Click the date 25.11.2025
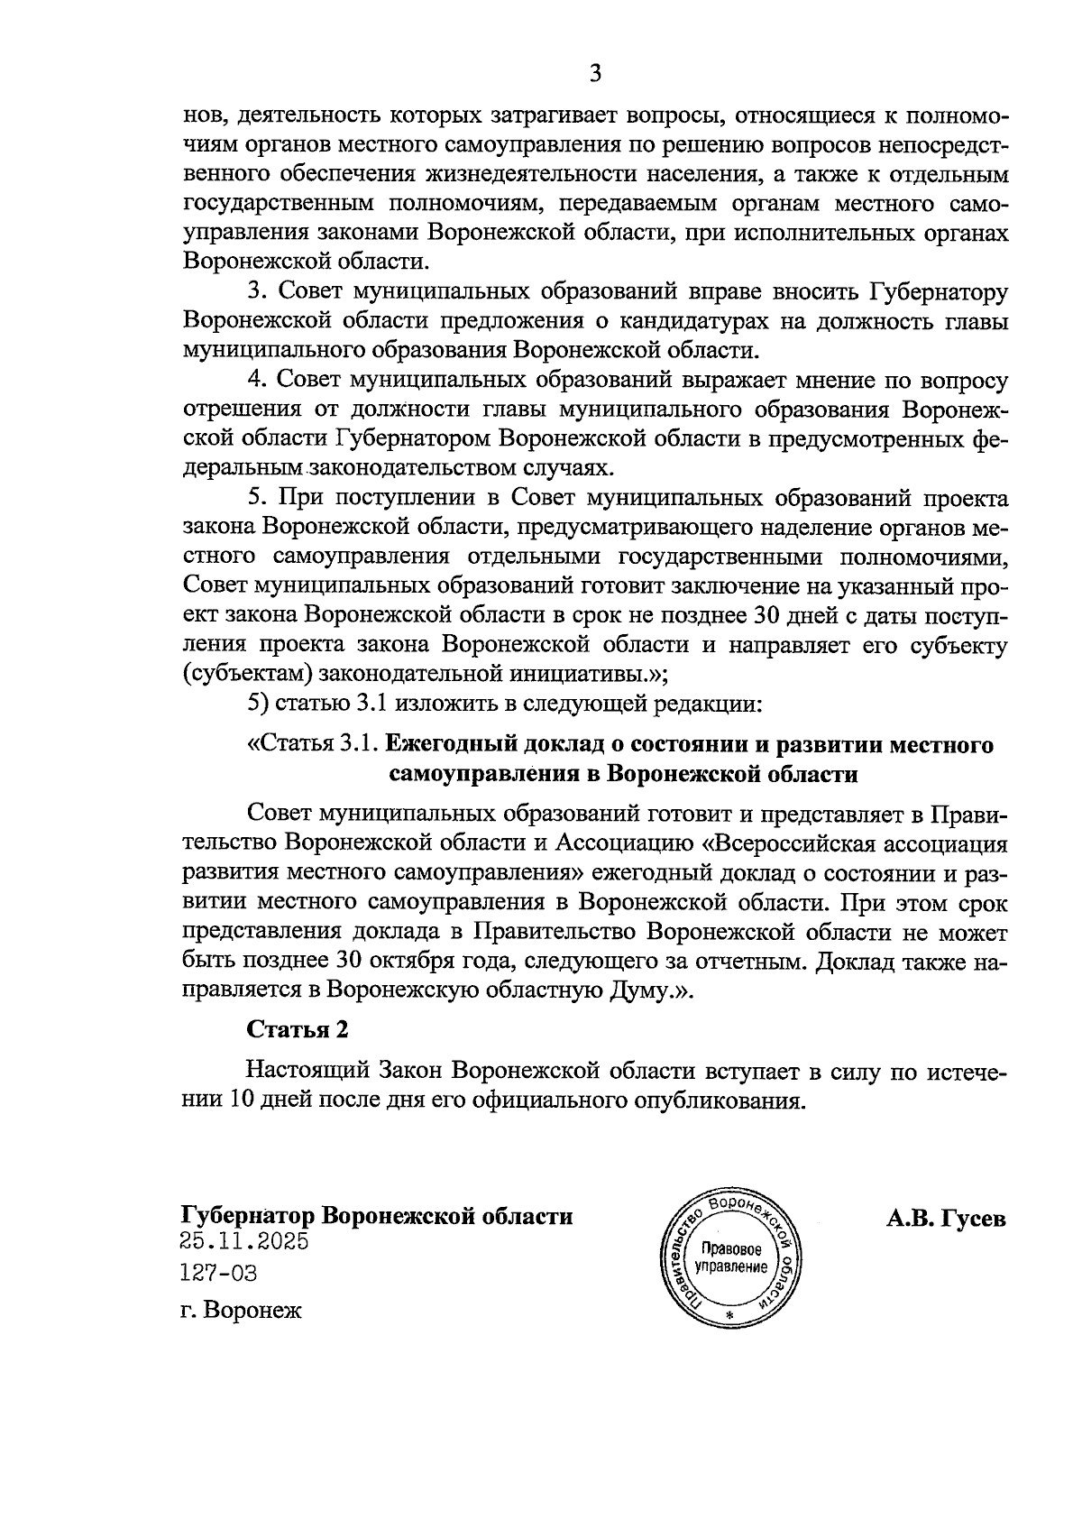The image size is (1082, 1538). tap(244, 1241)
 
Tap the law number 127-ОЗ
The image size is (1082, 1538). tap(218, 1273)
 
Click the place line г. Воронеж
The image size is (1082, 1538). tap(241, 1309)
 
